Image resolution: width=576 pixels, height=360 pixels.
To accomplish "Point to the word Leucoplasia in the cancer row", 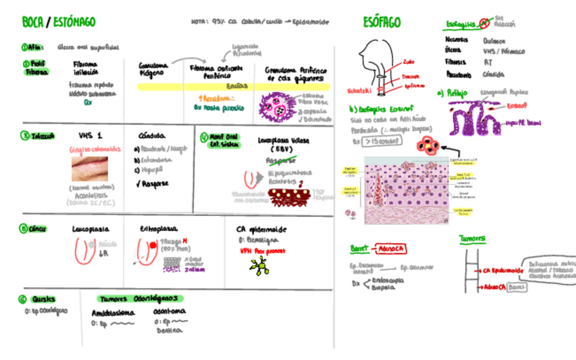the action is click(90, 230).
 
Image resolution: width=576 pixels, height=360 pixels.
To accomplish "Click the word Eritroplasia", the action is click(159, 230).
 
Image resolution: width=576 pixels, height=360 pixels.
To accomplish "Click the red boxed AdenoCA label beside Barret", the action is click(392, 248).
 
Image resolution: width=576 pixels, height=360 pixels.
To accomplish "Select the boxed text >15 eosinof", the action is click(381, 141).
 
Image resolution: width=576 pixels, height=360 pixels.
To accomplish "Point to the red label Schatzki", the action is click(358, 90).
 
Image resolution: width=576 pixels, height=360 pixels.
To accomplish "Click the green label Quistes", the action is click(43, 299).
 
